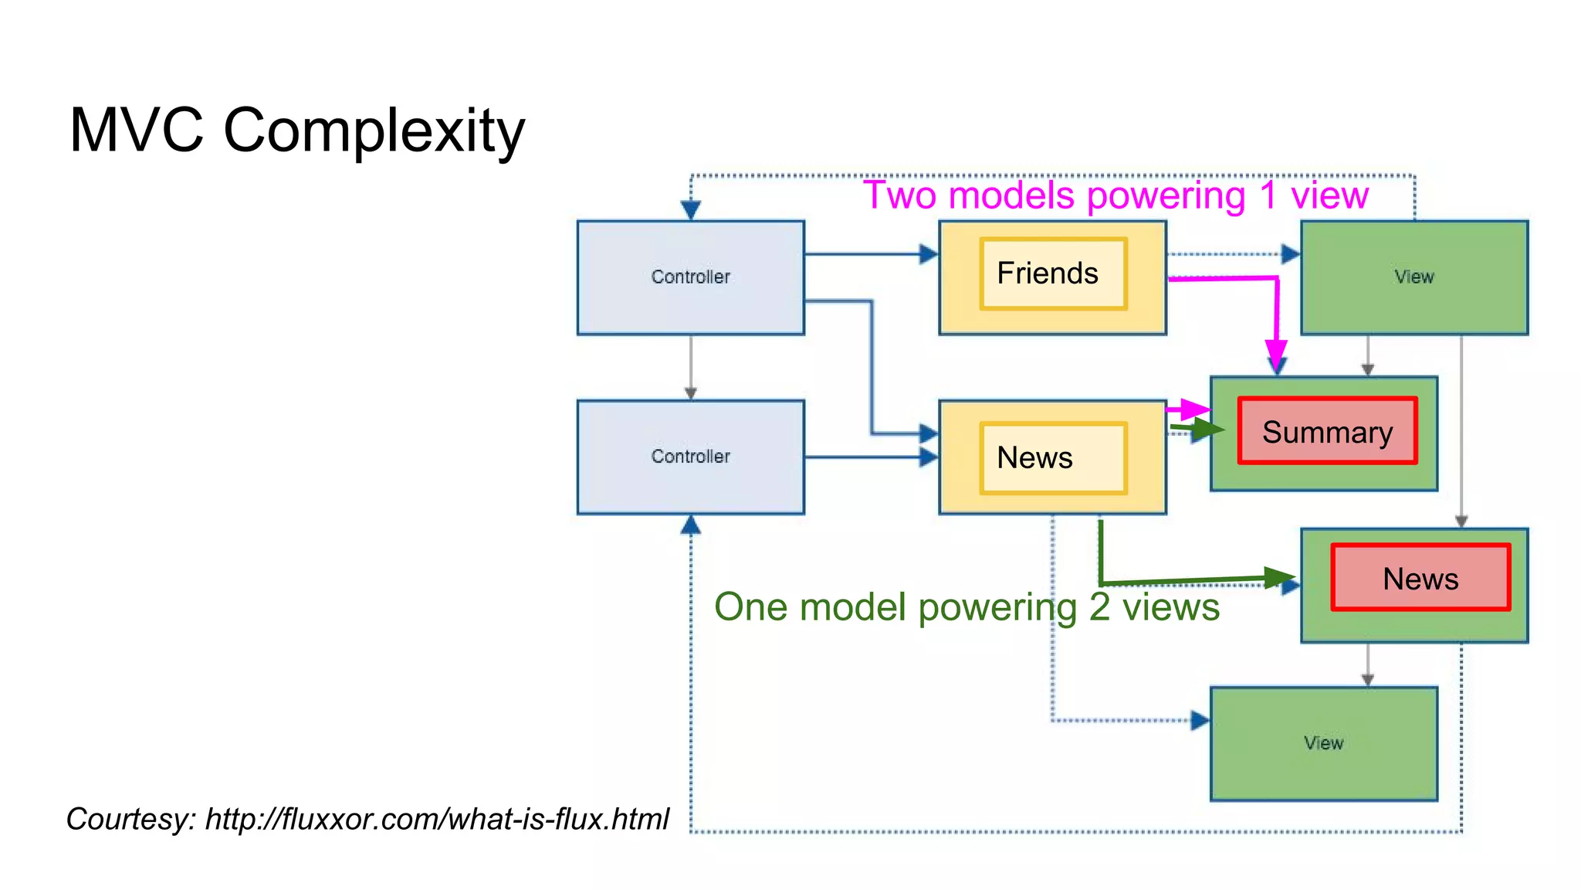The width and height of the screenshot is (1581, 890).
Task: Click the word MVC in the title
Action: tap(136, 130)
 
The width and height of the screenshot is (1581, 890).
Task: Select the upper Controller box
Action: tap(690, 277)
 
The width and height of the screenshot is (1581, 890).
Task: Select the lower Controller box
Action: tap(690, 457)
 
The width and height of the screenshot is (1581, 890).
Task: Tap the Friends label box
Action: tap(1052, 273)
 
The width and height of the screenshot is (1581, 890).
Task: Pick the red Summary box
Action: tap(1327, 431)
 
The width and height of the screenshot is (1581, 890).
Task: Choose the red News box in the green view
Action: tap(1420, 578)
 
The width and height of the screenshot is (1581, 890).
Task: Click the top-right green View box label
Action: tap(1413, 277)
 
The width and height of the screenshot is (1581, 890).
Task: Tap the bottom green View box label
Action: tap(1323, 742)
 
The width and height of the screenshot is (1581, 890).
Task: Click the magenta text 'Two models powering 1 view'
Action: tap(1115, 195)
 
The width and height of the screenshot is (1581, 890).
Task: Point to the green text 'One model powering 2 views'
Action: tap(966, 606)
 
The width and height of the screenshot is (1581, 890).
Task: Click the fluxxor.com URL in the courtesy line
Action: tap(437, 819)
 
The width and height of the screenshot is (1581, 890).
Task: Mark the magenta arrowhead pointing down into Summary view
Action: tap(1276, 358)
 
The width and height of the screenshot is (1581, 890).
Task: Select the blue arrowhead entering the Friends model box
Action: tap(929, 254)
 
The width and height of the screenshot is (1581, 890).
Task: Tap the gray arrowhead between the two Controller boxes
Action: tap(690, 393)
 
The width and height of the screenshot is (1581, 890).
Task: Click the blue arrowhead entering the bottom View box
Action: tap(1200, 721)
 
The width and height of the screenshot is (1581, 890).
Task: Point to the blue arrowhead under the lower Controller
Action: tap(690, 526)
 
